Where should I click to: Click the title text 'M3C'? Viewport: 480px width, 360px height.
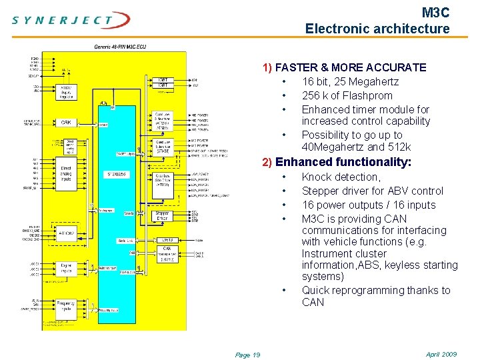436,13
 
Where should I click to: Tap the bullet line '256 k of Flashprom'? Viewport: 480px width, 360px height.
347,95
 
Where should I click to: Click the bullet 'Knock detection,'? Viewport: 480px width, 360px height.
341,177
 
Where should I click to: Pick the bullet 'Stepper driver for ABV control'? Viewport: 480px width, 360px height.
372,191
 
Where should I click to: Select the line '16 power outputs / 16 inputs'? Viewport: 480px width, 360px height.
368,205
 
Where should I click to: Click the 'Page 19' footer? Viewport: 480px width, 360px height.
247,355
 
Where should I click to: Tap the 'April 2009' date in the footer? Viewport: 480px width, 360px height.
441,354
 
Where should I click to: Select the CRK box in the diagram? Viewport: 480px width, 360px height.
66,123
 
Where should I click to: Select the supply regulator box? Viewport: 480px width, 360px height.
66,93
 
